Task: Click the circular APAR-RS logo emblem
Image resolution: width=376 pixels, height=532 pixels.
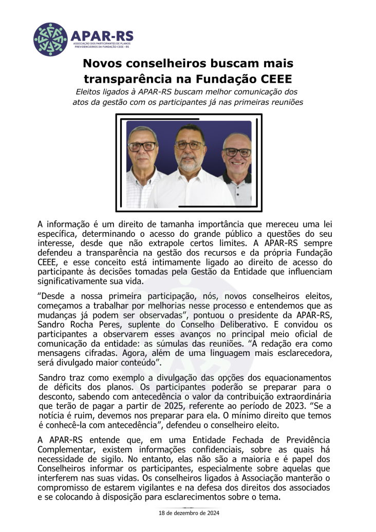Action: tap(50, 40)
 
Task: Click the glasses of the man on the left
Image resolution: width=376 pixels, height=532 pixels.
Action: tap(142, 146)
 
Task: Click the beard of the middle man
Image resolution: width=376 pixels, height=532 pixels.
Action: tap(189, 164)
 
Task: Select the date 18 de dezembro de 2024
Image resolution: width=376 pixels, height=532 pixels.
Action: tap(189, 512)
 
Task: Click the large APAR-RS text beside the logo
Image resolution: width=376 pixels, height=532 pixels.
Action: tap(102, 35)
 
